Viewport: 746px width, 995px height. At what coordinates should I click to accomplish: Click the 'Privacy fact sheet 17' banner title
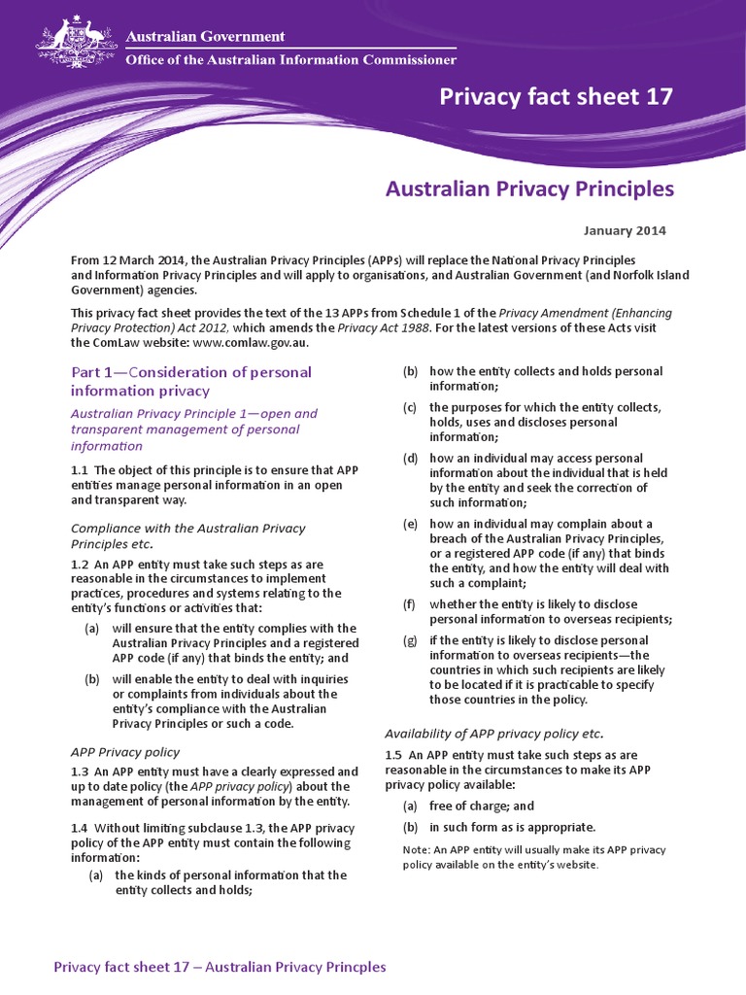point(556,96)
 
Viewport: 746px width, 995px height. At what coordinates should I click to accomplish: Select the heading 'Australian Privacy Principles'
point(529,189)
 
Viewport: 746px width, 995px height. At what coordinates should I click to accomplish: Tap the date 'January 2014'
point(625,231)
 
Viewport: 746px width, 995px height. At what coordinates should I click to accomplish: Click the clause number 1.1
point(80,470)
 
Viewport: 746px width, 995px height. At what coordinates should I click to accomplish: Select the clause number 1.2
point(80,564)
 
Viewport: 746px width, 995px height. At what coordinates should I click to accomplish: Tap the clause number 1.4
point(80,828)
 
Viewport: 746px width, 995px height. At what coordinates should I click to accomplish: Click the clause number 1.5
point(394,755)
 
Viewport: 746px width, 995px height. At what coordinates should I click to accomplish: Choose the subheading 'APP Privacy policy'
point(125,752)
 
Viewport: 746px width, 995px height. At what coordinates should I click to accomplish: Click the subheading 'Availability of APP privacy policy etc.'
point(494,734)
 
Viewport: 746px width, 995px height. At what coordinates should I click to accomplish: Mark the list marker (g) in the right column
point(410,640)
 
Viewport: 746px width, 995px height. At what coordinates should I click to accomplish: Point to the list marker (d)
point(410,458)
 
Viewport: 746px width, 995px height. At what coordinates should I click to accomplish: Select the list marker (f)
point(410,604)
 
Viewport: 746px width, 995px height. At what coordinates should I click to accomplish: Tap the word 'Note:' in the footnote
point(415,849)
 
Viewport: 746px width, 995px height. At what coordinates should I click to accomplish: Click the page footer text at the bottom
point(220,967)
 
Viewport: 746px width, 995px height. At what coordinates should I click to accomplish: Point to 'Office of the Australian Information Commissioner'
point(291,60)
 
